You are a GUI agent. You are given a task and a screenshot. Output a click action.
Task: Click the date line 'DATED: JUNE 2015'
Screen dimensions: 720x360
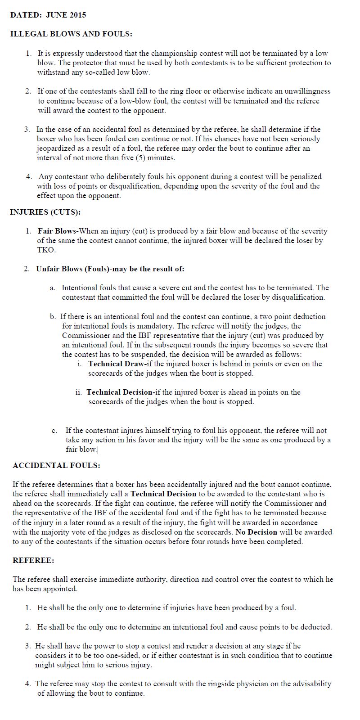[x=48, y=15]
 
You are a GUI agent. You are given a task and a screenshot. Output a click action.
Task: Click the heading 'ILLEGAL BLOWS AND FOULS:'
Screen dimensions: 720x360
[x=71, y=34]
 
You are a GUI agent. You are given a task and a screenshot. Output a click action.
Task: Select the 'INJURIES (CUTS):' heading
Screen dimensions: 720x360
[x=45, y=212]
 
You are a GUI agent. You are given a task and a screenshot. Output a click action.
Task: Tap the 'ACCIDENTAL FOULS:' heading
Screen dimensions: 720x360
[x=56, y=465]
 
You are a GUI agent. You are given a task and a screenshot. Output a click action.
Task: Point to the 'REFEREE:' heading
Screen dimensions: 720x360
[x=33, y=560]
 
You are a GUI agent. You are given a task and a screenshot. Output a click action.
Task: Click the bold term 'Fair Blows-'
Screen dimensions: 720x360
[x=58, y=231]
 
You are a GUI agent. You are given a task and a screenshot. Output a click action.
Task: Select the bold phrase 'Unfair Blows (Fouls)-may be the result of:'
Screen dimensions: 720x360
[x=110, y=269]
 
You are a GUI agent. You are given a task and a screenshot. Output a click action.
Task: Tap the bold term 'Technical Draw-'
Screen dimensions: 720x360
[x=117, y=364]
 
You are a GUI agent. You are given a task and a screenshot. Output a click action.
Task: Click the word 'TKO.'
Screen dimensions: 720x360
[x=46, y=250]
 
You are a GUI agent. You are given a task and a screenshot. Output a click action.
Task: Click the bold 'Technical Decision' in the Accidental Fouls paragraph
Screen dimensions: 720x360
[x=163, y=494]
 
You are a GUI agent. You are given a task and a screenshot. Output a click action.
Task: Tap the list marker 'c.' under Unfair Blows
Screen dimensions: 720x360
[x=54, y=431]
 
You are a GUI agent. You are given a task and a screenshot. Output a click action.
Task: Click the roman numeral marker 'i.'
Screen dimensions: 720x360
[x=80, y=364]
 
